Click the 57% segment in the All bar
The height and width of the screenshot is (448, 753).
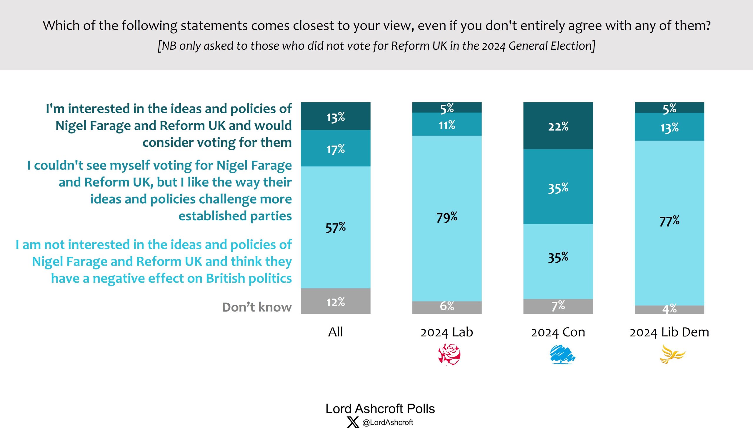(x=336, y=227)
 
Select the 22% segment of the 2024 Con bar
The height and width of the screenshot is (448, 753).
(x=558, y=126)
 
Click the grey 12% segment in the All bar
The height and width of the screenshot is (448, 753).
(x=336, y=302)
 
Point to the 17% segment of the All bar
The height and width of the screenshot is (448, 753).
(x=336, y=148)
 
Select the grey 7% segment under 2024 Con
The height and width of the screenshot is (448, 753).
(x=558, y=307)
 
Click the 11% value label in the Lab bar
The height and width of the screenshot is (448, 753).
(x=447, y=125)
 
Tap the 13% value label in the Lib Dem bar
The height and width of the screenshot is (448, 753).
(x=669, y=128)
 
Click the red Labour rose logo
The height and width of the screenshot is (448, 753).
(x=449, y=354)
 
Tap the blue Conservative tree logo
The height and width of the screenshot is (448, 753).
(x=562, y=354)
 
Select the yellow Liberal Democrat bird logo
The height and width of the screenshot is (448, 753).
(x=672, y=354)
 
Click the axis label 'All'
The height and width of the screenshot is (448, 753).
(x=335, y=332)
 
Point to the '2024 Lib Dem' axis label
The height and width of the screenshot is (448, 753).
(x=669, y=332)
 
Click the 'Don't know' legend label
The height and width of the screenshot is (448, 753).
(x=257, y=307)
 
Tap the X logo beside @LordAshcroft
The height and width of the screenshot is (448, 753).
(x=353, y=422)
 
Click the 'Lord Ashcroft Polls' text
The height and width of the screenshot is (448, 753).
(x=380, y=409)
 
